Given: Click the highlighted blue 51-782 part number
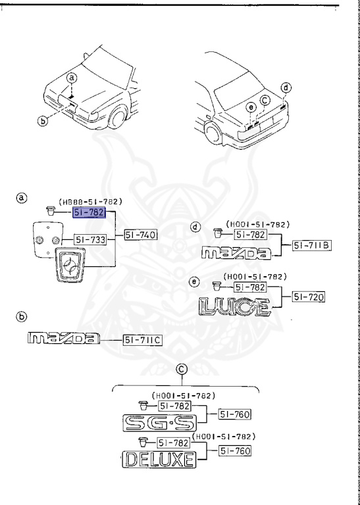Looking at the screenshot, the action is pyautogui.click(x=90, y=212).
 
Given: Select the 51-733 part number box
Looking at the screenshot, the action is pyautogui.click(x=91, y=239).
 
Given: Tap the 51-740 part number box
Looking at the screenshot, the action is pyautogui.click(x=141, y=235).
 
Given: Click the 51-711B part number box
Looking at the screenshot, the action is pyautogui.click(x=312, y=246).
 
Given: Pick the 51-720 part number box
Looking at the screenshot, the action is pyautogui.click(x=309, y=297).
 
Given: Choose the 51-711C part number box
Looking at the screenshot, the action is pyautogui.click(x=142, y=340).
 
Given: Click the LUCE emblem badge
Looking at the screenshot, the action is pyautogui.click(x=234, y=306).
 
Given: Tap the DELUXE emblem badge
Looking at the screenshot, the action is pyautogui.click(x=159, y=459).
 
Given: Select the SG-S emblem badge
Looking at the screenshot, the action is pyautogui.click(x=160, y=423).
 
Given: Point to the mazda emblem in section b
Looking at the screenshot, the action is pyautogui.click(x=64, y=337).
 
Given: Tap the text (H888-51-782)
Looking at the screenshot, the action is pyautogui.click(x=91, y=202).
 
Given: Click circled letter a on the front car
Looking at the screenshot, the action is pyautogui.click(x=72, y=78).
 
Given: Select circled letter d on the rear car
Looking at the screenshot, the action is pyautogui.click(x=286, y=87).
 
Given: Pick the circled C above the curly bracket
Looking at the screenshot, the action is pyautogui.click(x=182, y=370).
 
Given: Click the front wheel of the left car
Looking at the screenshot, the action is pyautogui.click(x=118, y=116).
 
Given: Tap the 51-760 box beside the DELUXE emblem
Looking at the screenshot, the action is pyautogui.click(x=235, y=451).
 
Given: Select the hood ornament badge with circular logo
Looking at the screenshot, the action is pyautogui.click(x=70, y=264).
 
